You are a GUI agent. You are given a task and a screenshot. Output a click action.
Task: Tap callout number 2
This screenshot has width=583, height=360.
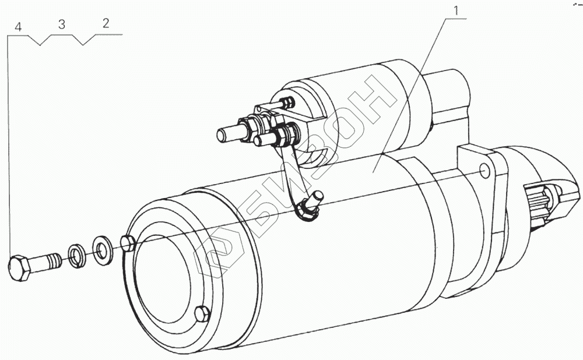[105, 24]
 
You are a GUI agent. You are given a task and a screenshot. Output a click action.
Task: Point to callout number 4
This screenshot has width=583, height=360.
[19, 27]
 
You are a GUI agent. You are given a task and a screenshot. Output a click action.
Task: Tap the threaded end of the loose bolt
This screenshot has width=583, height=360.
[54, 261]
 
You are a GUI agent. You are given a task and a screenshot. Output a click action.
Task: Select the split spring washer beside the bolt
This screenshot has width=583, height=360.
[76, 255]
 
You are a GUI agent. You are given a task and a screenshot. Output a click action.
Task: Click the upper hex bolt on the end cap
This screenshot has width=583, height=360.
[128, 242]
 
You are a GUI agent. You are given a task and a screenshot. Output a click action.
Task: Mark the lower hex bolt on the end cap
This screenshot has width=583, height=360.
[202, 314]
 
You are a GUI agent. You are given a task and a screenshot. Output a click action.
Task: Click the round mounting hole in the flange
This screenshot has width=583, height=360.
[483, 172]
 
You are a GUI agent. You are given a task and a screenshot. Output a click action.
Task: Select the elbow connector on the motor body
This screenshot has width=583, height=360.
[310, 205]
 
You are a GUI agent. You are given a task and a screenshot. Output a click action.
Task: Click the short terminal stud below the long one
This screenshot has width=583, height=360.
[266, 140]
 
